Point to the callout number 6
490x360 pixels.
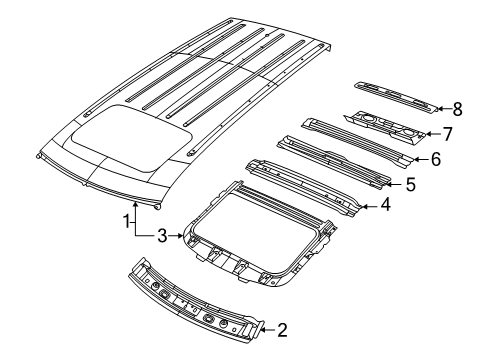click(x=435, y=159)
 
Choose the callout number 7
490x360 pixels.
click(x=448, y=132)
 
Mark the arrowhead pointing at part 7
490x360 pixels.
click(x=430, y=132)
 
